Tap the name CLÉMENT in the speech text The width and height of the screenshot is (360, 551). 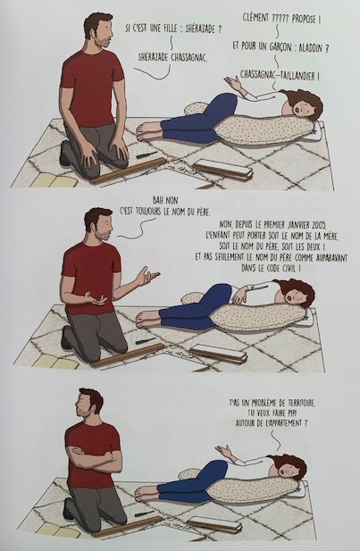click(255, 17)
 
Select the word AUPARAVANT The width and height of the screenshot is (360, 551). click(326, 257)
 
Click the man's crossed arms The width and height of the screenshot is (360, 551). click(93, 458)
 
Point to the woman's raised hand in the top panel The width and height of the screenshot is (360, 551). click(233, 84)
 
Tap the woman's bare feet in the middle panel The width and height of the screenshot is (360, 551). click(147, 319)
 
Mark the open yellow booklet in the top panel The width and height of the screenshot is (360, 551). click(54, 180)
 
